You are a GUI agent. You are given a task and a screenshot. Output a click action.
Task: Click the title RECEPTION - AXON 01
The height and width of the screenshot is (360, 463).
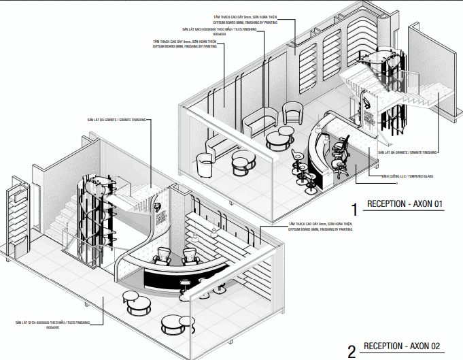click(x=405, y=203)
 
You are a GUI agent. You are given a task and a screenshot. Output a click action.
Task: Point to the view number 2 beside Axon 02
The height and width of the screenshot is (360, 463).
click(x=351, y=351)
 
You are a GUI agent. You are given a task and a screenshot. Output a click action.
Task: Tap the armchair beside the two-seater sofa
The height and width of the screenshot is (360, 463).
click(x=292, y=112)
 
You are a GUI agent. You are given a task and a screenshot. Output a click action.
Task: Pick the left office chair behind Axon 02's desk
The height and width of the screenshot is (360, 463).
click(x=164, y=257)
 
